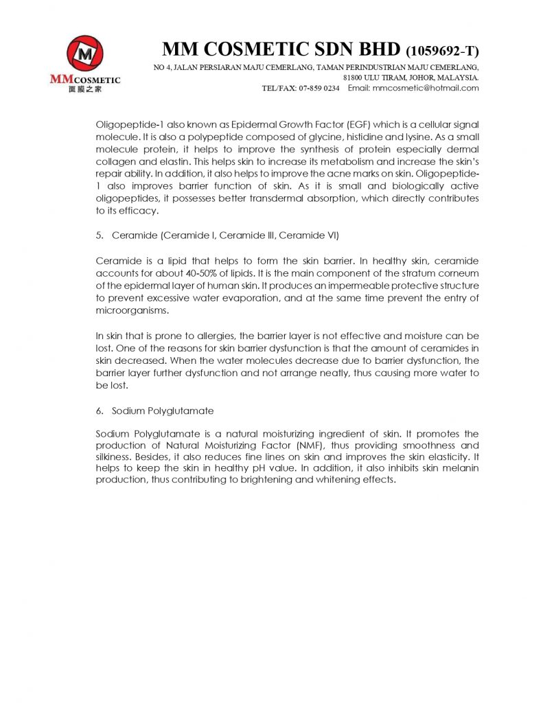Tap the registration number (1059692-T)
click(x=443, y=51)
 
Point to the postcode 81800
click(x=355, y=78)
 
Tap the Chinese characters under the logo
click(x=84, y=90)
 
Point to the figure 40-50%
click(x=185, y=273)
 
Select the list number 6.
click(x=99, y=411)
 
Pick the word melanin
click(x=460, y=468)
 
